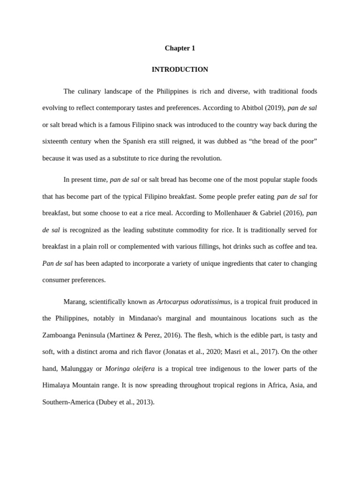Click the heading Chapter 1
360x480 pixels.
tap(180, 48)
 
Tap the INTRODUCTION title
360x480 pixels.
tap(180, 69)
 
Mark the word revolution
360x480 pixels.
tap(204, 158)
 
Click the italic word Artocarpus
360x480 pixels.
tap(173, 301)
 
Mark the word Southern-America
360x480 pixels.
tap(68, 402)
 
